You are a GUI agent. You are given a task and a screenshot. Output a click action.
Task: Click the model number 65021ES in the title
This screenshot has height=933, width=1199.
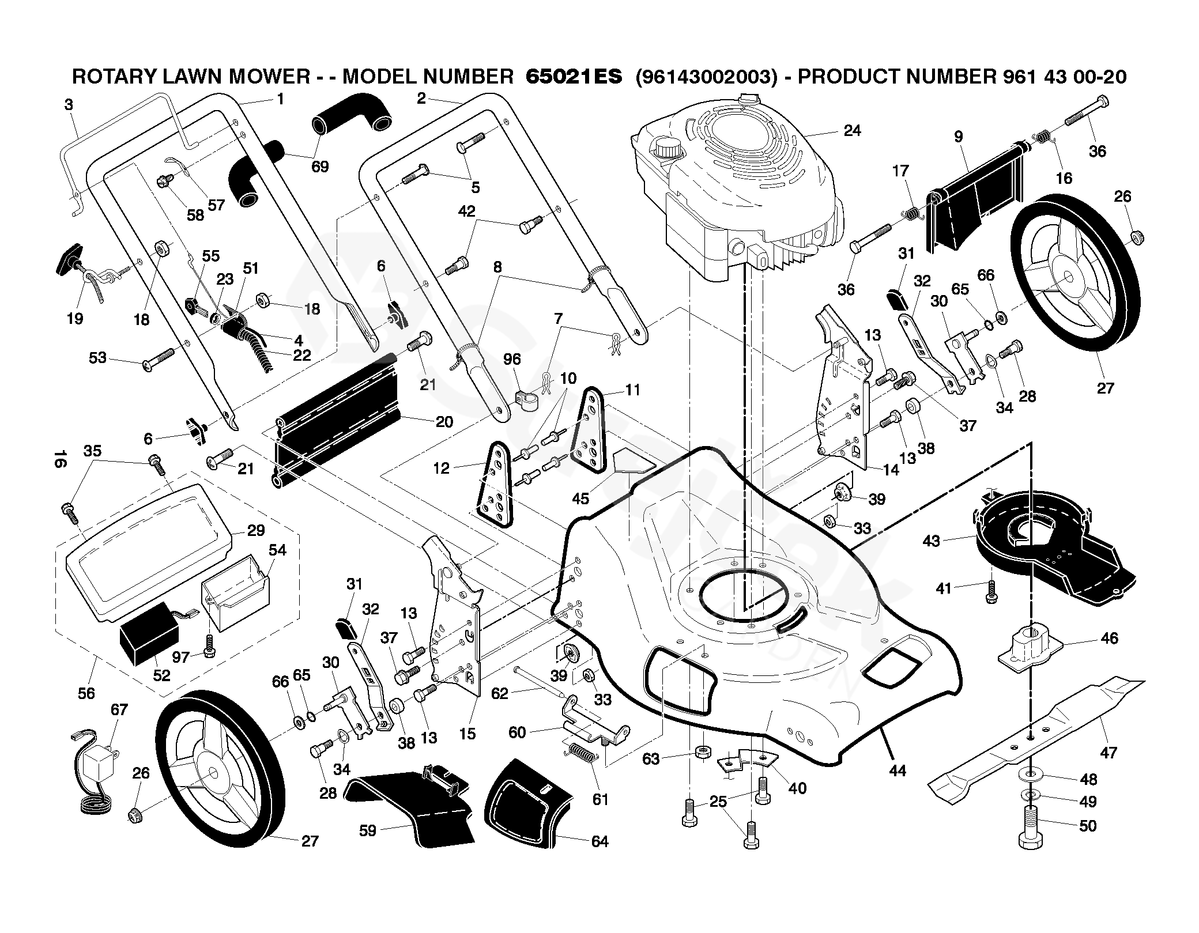pyautogui.click(x=574, y=77)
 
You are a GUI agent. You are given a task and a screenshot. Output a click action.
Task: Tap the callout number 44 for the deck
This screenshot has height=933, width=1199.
pyautogui.click(x=898, y=770)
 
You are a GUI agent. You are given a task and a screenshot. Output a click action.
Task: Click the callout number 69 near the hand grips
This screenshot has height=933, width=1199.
pyautogui.click(x=319, y=167)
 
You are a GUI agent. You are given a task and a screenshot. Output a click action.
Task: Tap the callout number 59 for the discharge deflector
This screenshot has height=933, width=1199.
pyautogui.click(x=367, y=830)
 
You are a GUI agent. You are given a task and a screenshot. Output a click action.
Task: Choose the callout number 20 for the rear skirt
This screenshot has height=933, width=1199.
pyautogui.click(x=444, y=422)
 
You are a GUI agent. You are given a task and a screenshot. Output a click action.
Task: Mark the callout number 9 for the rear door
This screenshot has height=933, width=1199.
pyautogui.click(x=958, y=137)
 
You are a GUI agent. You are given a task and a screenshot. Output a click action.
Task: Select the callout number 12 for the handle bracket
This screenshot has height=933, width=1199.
pyautogui.click(x=441, y=468)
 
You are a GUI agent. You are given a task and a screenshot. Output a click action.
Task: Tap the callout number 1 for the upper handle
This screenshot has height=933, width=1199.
pyautogui.click(x=280, y=99)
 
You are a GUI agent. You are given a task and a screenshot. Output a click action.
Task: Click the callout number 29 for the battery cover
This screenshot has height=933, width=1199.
pyautogui.click(x=256, y=530)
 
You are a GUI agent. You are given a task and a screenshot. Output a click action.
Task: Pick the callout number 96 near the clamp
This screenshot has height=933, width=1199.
pyautogui.click(x=511, y=360)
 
